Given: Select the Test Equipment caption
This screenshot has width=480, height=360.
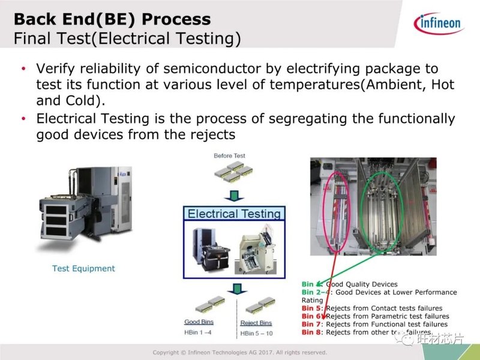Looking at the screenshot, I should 83,268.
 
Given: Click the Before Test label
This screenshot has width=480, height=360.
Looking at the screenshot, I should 230,156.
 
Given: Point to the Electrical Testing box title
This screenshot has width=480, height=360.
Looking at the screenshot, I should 234,214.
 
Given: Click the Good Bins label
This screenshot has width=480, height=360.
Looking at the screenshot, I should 199,322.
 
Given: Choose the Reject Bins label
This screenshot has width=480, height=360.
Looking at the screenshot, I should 256,322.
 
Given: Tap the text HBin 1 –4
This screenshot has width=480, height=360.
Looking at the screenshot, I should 198,333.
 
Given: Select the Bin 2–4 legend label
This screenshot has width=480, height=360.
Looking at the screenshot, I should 314,292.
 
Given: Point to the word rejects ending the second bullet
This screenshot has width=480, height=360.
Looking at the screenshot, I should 212,134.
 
